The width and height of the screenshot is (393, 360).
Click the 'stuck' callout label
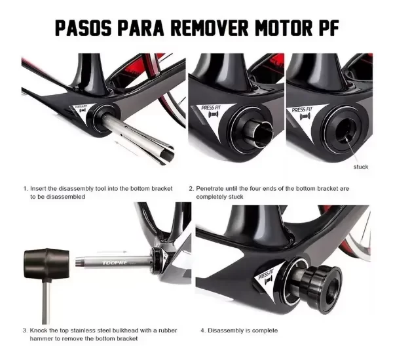coord(360,167)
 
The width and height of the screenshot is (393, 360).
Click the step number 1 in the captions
coord(25,188)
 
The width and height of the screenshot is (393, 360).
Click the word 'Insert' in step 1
coord(40,188)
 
